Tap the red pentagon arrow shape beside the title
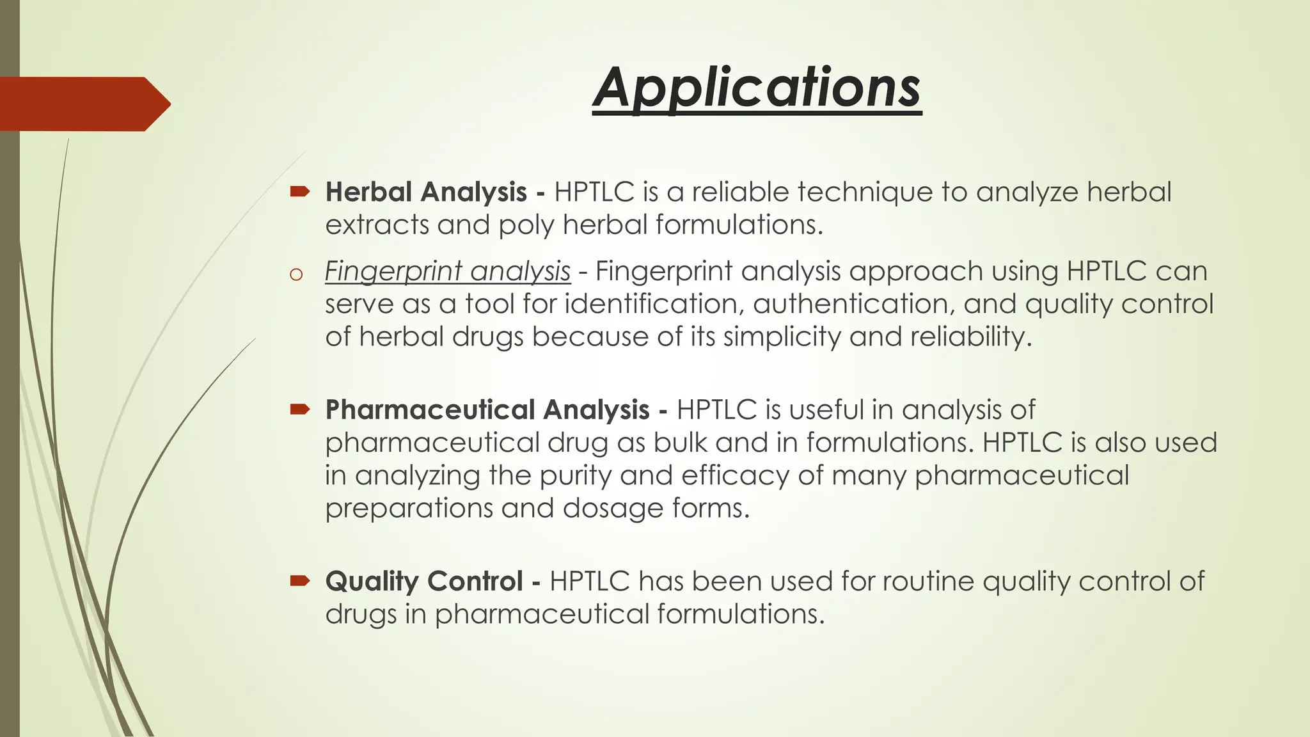(x=83, y=104)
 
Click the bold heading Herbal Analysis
(x=426, y=192)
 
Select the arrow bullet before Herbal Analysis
(x=299, y=191)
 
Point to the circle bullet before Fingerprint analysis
(x=296, y=275)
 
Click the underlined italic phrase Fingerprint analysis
(x=447, y=271)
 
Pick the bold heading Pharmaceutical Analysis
(x=487, y=409)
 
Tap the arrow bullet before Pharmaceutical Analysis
(x=299, y=409)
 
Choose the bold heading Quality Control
(x=424, y=581)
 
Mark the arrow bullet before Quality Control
(x=299, y=580)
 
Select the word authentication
(x=853, y=304)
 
